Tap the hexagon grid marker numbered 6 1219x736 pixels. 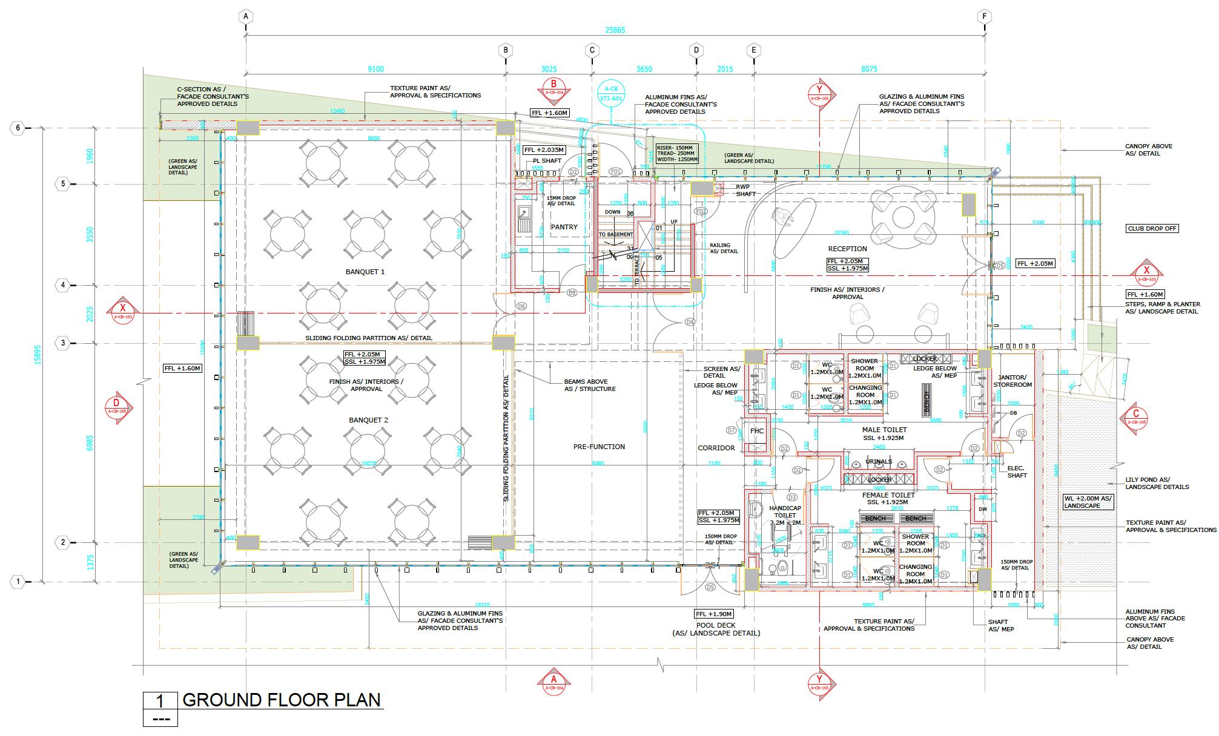pyautogui.click(x=18, y=128)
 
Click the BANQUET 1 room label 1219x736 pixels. pyautogui.click(x=365, y=272)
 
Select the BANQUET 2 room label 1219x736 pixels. pyautogui.click(x=368, y=420)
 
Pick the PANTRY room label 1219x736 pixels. pyautogui.click(x=564, y=227)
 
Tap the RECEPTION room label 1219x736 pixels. pyautogui.click(x=847, y=249)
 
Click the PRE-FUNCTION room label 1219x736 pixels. pyautogui.click(x=599, y=447)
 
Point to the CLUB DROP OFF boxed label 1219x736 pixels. pyautogui.click(x=1152, y=229)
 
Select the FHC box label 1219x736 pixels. pyautogui.click(x=757, y=431)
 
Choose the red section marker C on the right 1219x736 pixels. pyautogui.click(x=1135, y=417)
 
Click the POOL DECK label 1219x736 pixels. pyautogui.click(x=716, y=625)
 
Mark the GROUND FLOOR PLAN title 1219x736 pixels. pyautogui.click(x=282, y=700)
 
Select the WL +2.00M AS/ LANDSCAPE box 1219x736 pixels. pyautogui.click(x=1088, y=502)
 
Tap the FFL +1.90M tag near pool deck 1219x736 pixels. pyautogui.click(x=714, y=613)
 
